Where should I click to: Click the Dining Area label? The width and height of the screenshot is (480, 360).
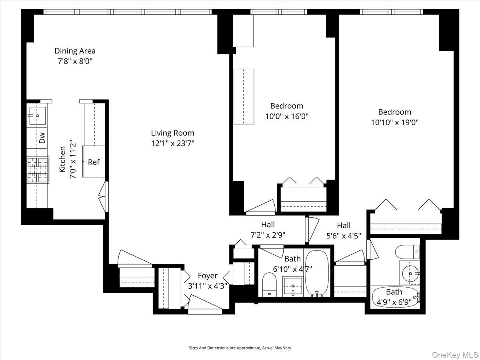click(75, 51)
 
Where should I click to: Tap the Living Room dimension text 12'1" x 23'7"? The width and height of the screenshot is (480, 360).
click(172, 143)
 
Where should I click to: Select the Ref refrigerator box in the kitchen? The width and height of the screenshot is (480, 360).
click(94, 162)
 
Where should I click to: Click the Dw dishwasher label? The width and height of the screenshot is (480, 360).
click(42, 138)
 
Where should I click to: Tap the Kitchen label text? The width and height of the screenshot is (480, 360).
click(62, 159)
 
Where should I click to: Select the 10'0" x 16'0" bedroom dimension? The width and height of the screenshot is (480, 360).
click(287, 116)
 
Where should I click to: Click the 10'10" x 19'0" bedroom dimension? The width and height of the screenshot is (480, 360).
click(394, 122)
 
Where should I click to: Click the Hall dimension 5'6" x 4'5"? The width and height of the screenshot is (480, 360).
click(344, 236)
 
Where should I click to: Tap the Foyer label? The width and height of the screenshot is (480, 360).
click(208, 276)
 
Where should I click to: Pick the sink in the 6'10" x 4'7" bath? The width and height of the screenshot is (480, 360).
click(293, 286)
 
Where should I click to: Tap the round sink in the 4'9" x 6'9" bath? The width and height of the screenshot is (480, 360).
click(409, 274)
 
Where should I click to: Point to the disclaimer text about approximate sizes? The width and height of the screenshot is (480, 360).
click(240, 348)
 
